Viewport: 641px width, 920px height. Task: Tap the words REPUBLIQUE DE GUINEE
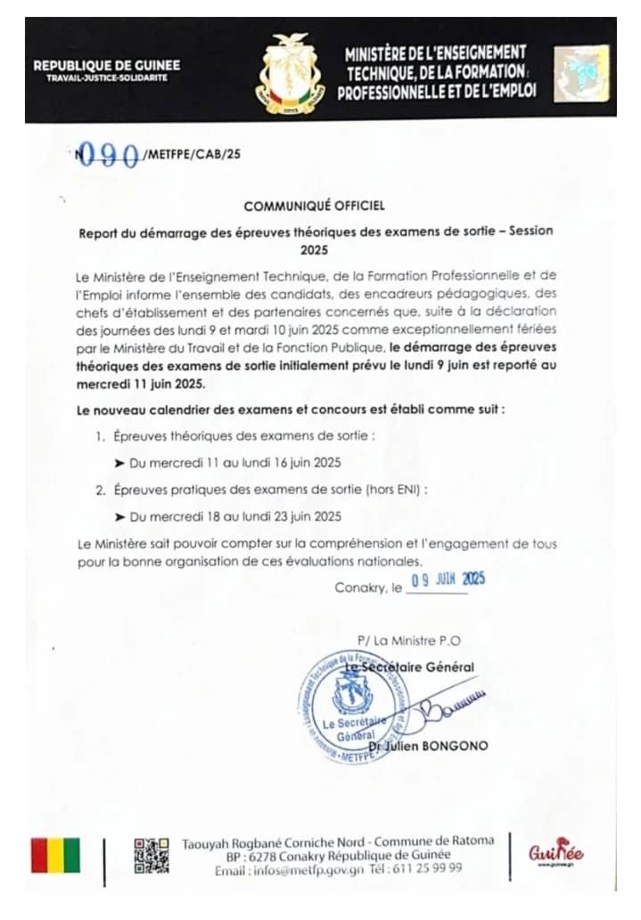(x=106, y=65)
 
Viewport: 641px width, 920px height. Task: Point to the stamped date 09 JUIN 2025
(x=446, y=580)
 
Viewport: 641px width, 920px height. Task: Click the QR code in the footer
(x=151, y=855)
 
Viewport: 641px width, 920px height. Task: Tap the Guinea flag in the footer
(x=55, y=855)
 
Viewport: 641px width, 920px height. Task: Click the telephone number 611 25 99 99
(x=431, y=869)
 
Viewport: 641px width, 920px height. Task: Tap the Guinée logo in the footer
(x=555, y=854)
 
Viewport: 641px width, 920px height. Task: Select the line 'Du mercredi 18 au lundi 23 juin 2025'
(x=234, y=516)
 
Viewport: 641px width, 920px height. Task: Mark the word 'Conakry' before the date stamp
(x=360, y=588)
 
